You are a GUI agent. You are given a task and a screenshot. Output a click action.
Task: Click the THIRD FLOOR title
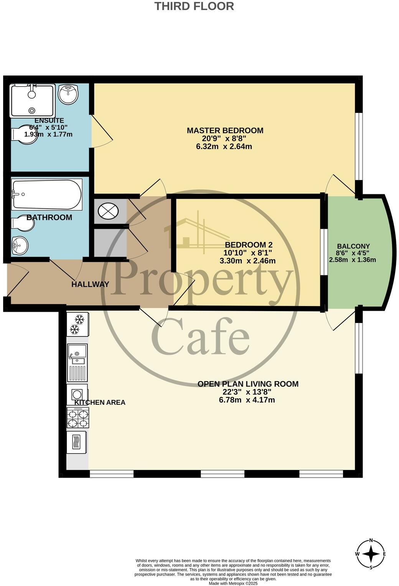tap(194, 7)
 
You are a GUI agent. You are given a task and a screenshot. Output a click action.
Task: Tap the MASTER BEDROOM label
tap(225, 131)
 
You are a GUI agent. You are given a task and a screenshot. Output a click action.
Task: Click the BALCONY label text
tap(353, 247)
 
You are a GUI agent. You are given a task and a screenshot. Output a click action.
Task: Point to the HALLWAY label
tap(90, 285)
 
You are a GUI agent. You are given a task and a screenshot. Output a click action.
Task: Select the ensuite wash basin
tap(68, 93)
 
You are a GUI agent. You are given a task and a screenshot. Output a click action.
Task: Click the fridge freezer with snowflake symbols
tap(78, 324)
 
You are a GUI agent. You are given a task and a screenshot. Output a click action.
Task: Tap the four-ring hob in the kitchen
tap(78, 418)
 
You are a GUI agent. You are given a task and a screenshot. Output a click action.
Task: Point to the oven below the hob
tap(77, 442)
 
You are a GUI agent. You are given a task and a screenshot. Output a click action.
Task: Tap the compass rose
tap(371, 554)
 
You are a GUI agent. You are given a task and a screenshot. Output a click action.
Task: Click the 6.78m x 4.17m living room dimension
tap(247, 400)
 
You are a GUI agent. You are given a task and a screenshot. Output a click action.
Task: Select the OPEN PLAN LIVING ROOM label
tap(247, 384)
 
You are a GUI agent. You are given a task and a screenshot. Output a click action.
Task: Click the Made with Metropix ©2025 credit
tap(233, 583)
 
